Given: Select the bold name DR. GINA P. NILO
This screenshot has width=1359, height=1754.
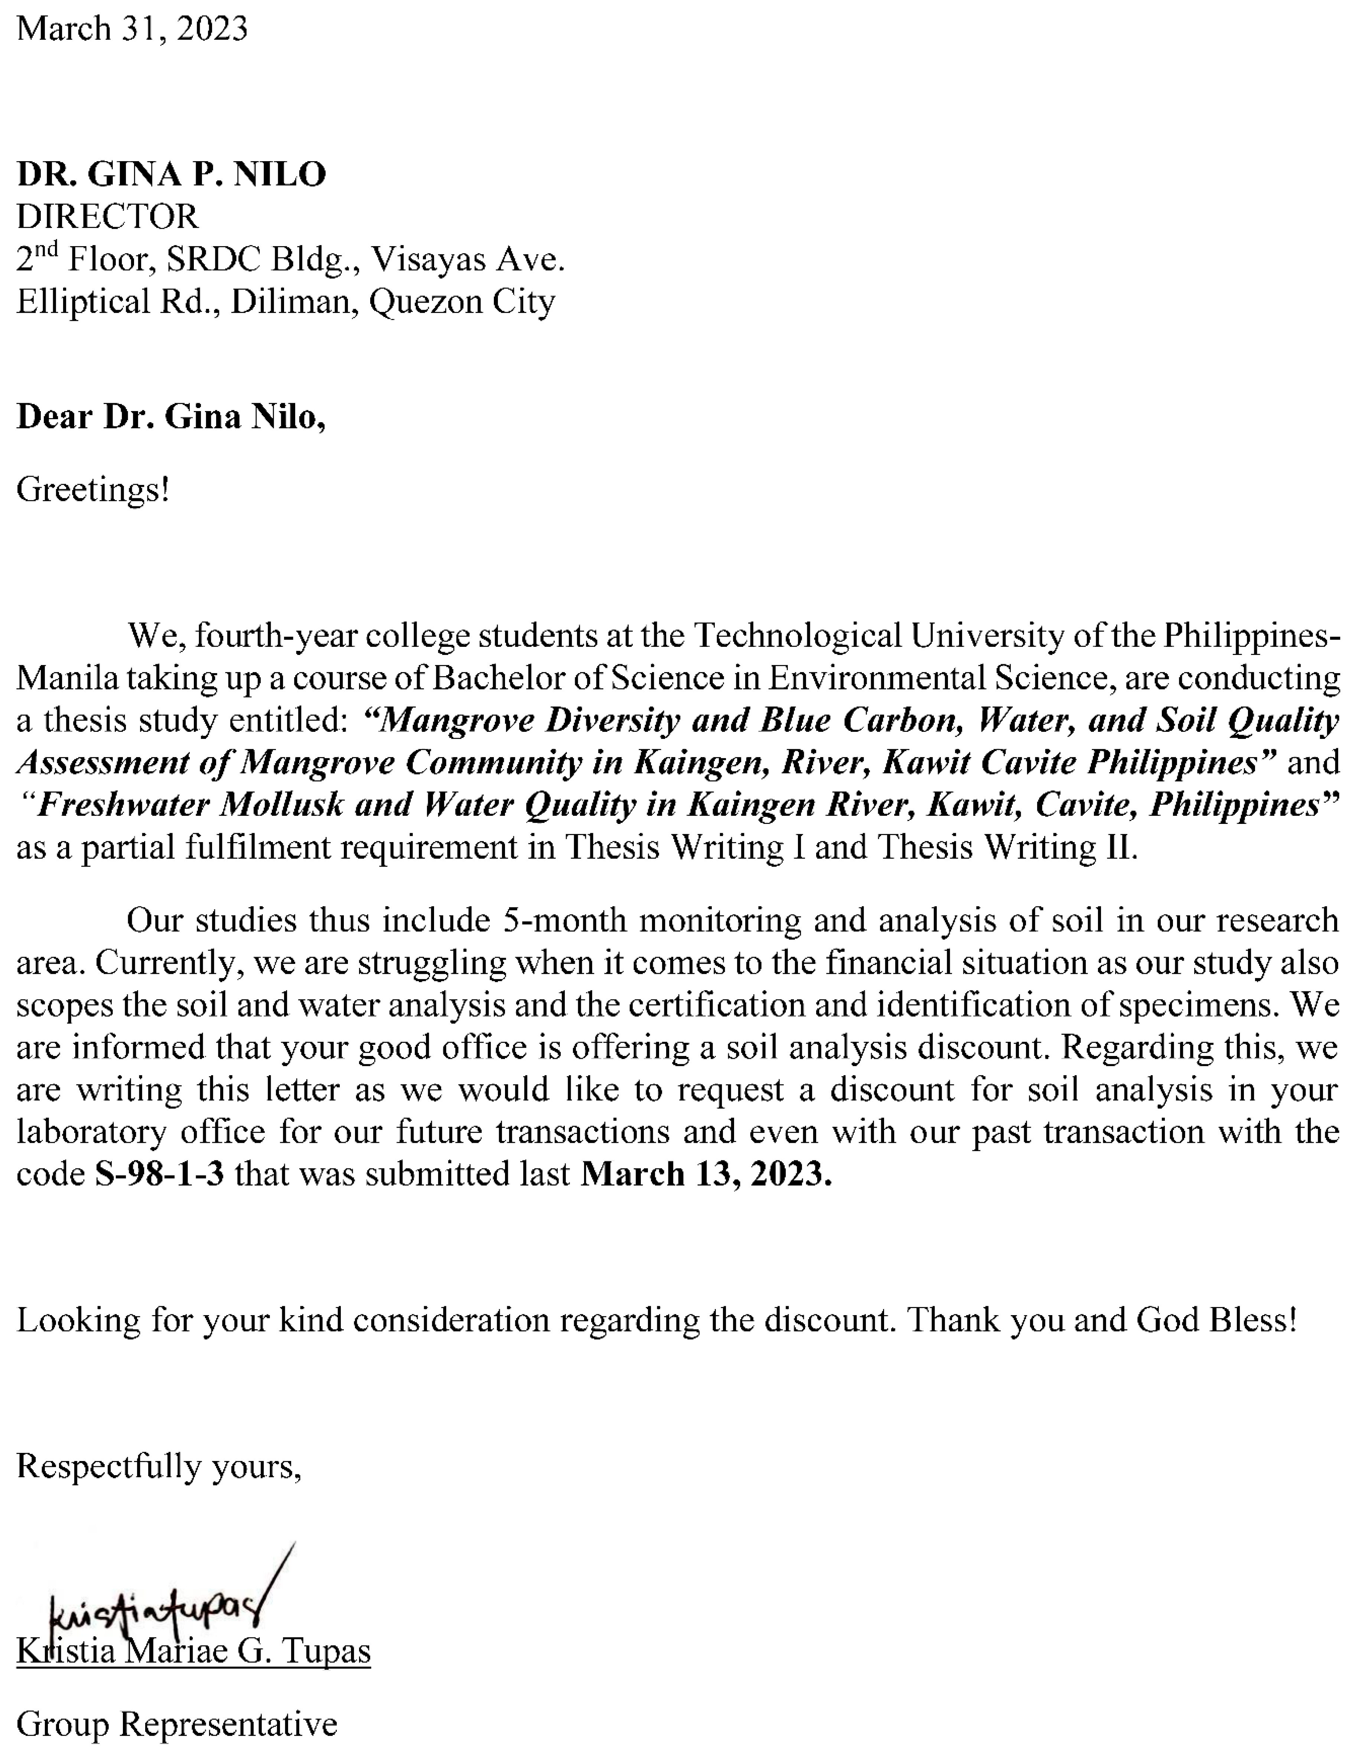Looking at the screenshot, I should pyautogui.click(x=171, y=174).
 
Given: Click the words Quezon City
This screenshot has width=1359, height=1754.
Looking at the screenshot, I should pyautogui.click(x=462, y=302).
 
